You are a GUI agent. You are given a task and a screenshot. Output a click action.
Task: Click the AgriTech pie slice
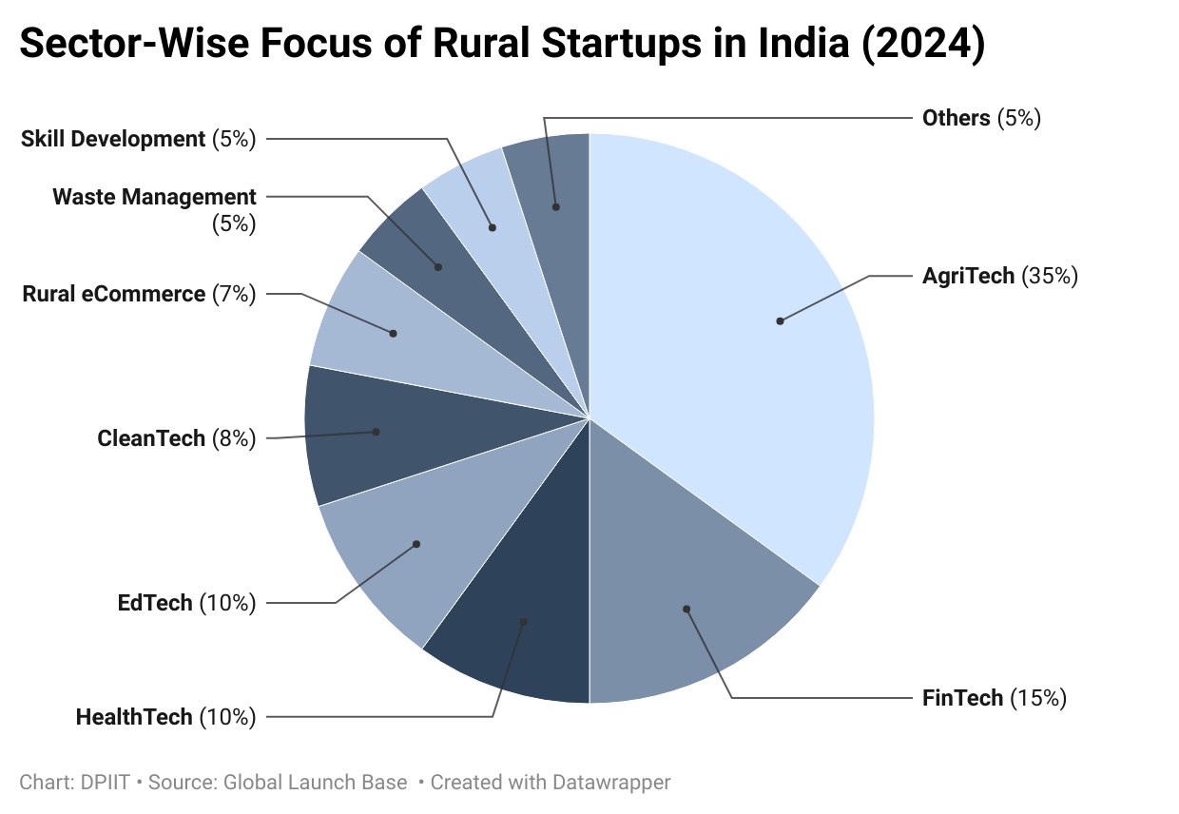tap(737, 342)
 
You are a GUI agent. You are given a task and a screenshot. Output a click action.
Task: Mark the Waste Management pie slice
tap(442, 268)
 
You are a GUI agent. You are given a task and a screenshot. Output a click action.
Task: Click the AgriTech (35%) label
tap(1000, 276)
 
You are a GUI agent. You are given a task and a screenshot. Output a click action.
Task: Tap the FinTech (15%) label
tap(995, 698)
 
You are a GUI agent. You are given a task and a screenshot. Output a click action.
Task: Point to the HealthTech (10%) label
tap(165, 717)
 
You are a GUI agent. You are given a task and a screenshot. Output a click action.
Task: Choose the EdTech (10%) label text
tap(187, 603)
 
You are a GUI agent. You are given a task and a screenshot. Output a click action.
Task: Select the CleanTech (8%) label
tap(177, 438)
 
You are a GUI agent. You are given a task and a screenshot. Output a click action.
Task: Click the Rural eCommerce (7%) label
tap(139, 294)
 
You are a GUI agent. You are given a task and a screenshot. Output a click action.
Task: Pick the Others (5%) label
tap(981, 118)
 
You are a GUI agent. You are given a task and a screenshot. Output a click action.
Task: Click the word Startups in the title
tap(622, 45)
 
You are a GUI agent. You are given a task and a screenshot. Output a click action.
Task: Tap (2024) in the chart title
tap(923, 45)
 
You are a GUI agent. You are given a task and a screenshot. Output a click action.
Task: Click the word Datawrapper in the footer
tap(611, 783)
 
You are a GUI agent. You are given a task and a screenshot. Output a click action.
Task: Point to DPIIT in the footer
tap(105, 783)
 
